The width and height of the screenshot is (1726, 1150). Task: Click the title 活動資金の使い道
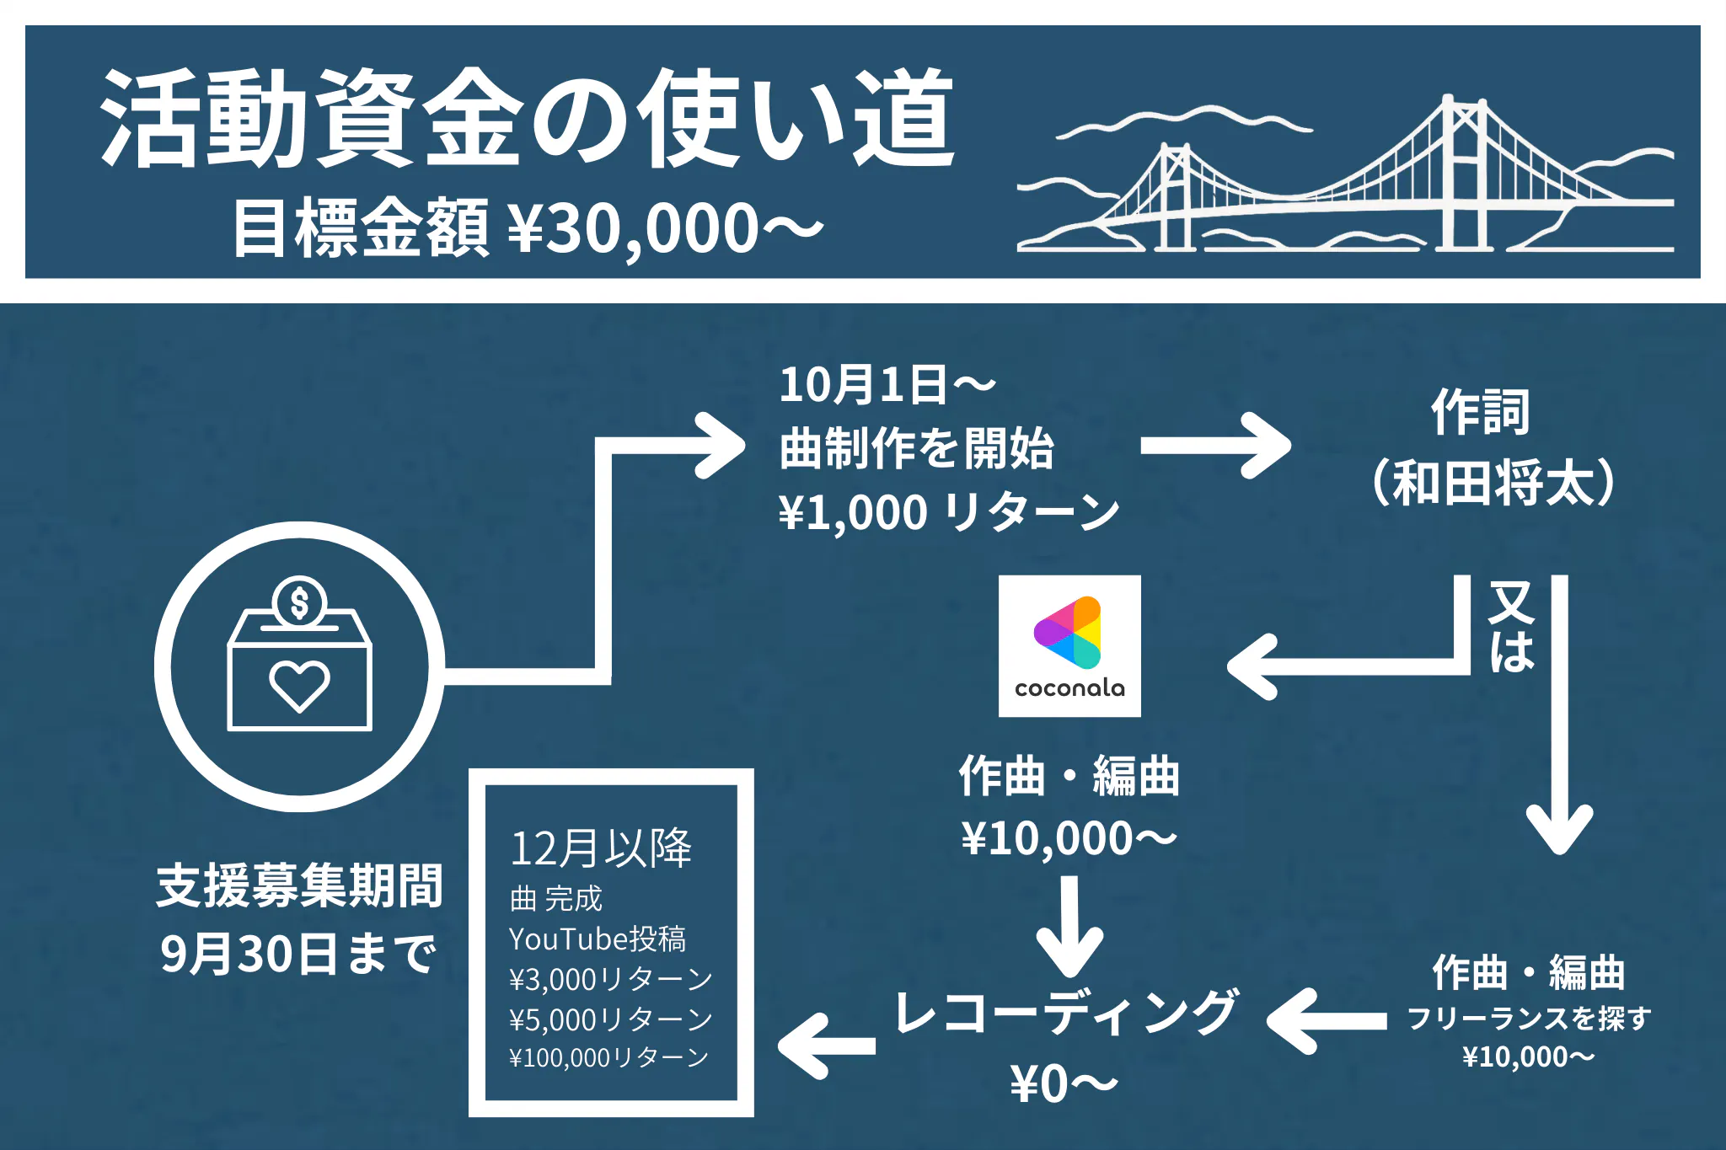527,118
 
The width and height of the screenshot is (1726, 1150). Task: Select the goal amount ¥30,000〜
666,228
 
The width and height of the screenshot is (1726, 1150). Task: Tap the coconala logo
1069,646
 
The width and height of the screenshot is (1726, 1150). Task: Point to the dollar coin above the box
299,602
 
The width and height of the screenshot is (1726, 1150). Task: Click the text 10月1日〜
887,385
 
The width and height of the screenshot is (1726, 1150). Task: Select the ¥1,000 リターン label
949,512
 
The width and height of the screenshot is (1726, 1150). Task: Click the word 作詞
1481,412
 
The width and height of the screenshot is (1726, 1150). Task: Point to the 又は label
1512,627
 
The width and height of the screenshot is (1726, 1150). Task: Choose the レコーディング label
1065,1012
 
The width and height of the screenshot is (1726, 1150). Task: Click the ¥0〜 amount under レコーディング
1064,1083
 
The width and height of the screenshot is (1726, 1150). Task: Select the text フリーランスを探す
1528,1019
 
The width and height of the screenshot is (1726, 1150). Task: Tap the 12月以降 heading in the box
601,848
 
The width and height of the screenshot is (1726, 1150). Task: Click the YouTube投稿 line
598,939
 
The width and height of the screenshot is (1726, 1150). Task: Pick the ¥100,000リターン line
608,1057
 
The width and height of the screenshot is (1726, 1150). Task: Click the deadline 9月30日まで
298,954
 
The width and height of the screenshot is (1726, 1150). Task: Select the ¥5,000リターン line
610,1019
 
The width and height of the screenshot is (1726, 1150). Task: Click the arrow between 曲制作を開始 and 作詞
1214,446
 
